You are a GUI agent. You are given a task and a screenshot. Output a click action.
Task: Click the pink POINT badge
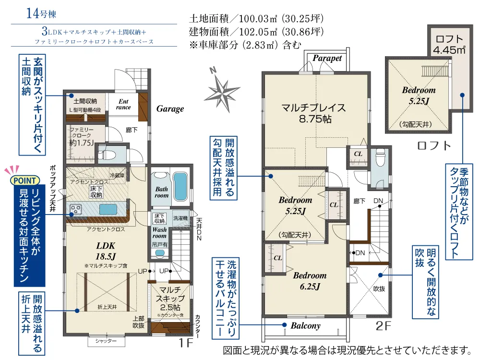[24, 180]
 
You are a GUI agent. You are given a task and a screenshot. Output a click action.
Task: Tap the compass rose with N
[222, 90]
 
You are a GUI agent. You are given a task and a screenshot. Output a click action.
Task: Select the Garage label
[170, 108]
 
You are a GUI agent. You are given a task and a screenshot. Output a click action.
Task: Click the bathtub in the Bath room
[180, 186]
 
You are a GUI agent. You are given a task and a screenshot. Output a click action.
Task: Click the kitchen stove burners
[76, 209]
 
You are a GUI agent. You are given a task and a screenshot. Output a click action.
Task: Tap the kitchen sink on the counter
[108, 210]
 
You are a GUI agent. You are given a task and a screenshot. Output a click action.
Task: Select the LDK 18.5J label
[106, 251]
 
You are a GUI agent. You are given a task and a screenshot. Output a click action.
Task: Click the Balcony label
[305, 326]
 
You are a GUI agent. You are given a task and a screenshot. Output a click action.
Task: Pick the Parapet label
[327, 58]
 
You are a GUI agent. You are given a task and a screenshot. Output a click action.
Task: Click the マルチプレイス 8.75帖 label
[314, 113]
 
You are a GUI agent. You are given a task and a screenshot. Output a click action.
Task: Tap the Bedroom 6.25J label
[310, 281]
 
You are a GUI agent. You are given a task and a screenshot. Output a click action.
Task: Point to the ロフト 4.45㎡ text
[449, 45]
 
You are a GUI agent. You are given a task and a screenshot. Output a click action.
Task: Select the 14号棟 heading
[41, 13]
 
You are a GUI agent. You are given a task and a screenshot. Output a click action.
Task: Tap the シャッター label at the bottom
[106, 341]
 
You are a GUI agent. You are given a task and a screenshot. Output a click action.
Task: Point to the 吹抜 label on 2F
[379, 288]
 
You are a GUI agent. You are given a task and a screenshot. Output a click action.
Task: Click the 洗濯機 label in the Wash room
[180, 218]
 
